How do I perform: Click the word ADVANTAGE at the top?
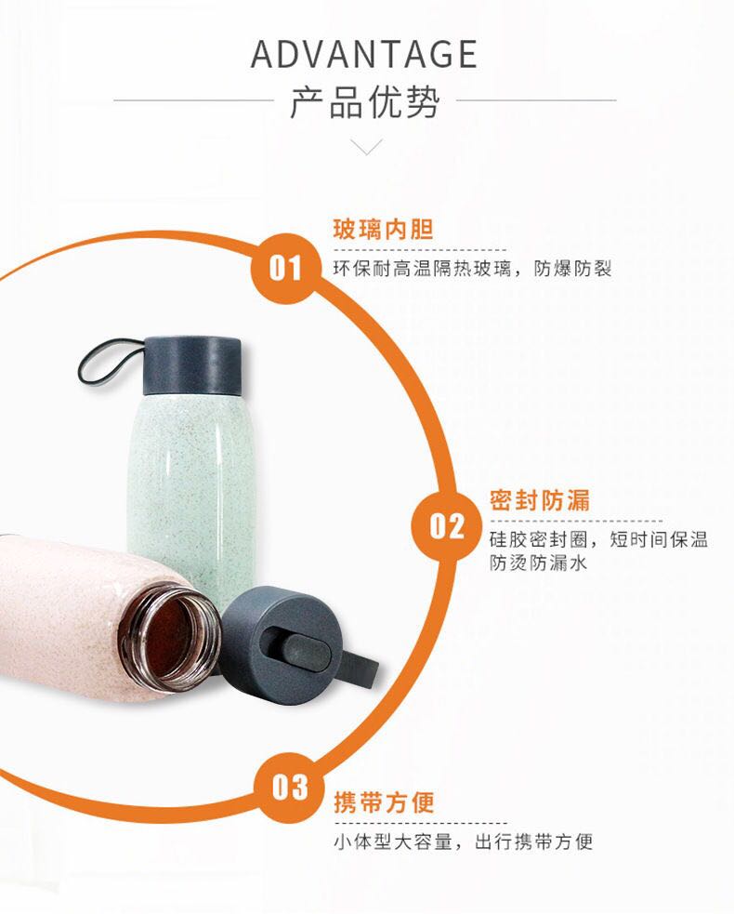click(x=364, y=54)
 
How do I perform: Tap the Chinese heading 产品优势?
click(x=364, y=102)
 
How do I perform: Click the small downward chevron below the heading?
click(x=366, y=146)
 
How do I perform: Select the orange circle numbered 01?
click(x=285, y=268)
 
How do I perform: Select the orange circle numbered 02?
click(x=446, y=526)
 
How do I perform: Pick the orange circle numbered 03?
click(x=290, y=787)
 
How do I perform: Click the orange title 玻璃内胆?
click(x=384, y=230)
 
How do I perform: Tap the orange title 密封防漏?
click(x=540, y=500)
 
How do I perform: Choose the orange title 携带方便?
click(x=384, y=802)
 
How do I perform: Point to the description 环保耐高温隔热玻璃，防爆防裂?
click(x=472, y=269)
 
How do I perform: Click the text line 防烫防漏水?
click(x=538, y=563)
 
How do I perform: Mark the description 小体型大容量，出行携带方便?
click(x=463, y=841)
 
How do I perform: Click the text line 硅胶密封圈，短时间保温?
click(x=598, y=539)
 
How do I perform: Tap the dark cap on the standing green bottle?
click(x=191, y=364)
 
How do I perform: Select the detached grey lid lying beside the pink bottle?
click(x=291, y=646)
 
